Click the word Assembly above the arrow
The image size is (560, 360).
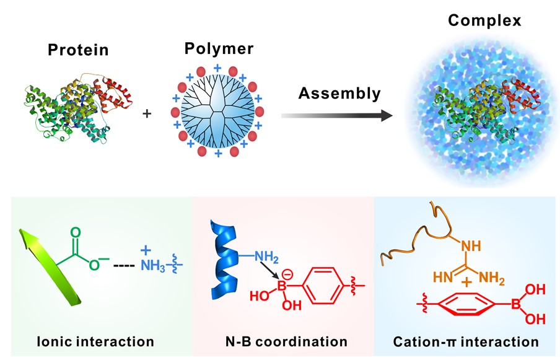tap(338, 94)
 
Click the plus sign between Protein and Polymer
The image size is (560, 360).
tap(147, 114)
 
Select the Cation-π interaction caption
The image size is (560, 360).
tap(466, 340)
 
